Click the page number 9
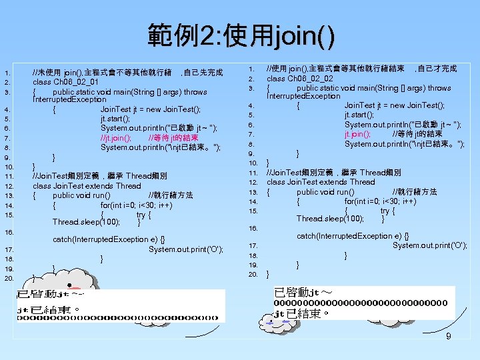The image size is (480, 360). pyautogui.click(x=449, y=337)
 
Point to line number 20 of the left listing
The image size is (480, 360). pyautogui.click(x=9, y=278)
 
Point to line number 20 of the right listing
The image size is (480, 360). pyautogui.click(x=253, y=274)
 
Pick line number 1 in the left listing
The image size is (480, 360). pyautogui.click(x=6, y=73)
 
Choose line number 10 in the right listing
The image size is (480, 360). pyautogui.click(x=253, y=163)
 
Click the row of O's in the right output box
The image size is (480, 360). pyautogui.click(x=361, y=303)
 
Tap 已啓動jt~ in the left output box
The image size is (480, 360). pyautogui.click(x=51, y=293)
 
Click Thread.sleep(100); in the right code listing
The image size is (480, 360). pyautogui.click(x=331, y=219)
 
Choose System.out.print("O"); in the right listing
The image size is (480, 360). pyautogui.click(x=429, y=245)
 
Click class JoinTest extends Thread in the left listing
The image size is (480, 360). pyautogui.click(x=87, y=186)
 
